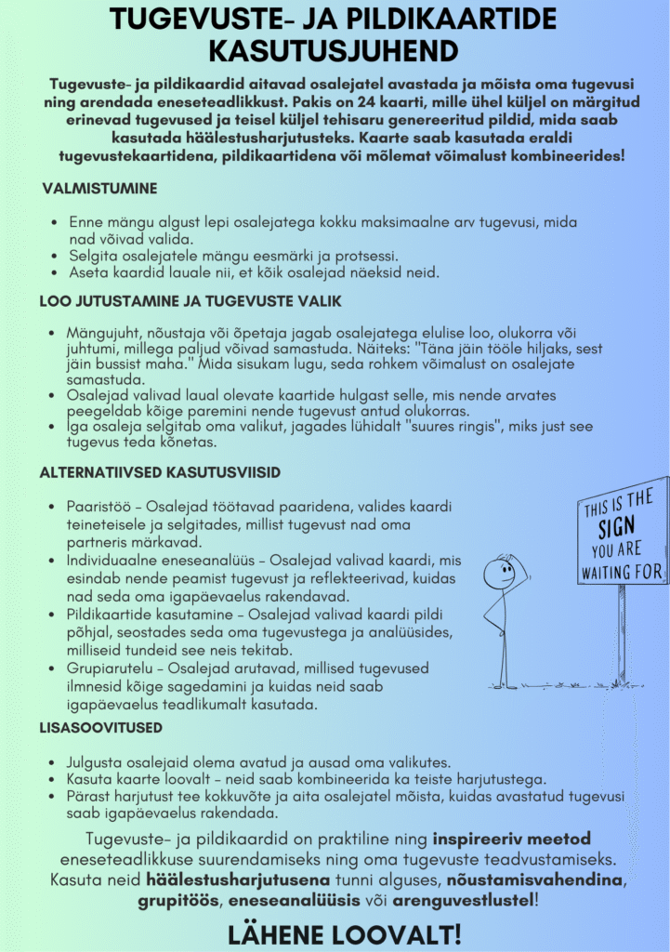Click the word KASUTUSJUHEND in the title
coord(334,49)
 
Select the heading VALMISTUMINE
coord(99,189)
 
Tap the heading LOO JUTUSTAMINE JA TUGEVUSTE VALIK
coord(190,301)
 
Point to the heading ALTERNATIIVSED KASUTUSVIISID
coord(160,472)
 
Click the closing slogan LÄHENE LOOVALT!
coord(344,932)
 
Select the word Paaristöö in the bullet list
coord(98,507)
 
